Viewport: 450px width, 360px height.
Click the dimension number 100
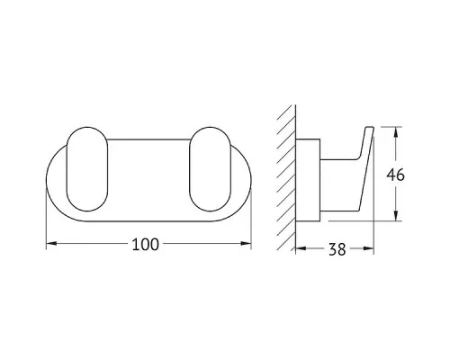[x=145, y=245]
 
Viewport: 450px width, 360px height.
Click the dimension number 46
[x=395, y=175]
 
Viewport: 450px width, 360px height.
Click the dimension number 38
[x=337, y=249]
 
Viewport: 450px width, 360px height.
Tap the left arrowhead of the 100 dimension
[x=51, y=243]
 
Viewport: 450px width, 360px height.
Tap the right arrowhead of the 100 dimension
[x=246, y=243]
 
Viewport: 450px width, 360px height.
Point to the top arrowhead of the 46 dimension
[x=396, y=132]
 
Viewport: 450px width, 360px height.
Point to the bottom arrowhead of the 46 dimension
[x=396, y=216]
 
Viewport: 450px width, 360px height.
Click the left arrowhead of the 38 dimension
[x=301, y=248]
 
